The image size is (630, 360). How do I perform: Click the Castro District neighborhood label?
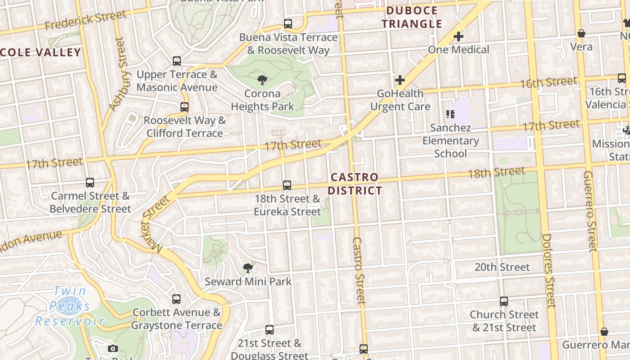(x=354, y=184)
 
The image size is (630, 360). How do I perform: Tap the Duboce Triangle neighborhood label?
(x=412, y=17)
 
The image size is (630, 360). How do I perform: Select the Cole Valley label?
(x=40, y=52)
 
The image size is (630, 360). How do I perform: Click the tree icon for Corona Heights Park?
(x=262, y=81)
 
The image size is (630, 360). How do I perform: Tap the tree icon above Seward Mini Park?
(x=247, y=269)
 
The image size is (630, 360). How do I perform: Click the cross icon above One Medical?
(x=459, y=36)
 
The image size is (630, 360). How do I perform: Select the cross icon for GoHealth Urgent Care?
(x=400, y=81)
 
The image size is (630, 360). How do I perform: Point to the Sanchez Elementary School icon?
(x=450, y=114)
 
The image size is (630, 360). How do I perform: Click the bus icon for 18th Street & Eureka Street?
(x=287, y=185)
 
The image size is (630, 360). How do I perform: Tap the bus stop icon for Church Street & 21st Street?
(x=504, y=301)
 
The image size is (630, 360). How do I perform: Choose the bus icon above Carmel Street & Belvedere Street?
(x=90, y=183)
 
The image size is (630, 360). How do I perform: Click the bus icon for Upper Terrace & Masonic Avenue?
(x=177, y=61)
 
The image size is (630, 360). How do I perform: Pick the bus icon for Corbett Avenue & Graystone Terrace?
(x=176, y=299)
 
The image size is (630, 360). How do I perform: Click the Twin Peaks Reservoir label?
(x=70, y=306)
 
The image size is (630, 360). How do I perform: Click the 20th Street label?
(x=502, y=267)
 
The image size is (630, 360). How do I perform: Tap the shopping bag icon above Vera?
(x=581, y=33)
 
